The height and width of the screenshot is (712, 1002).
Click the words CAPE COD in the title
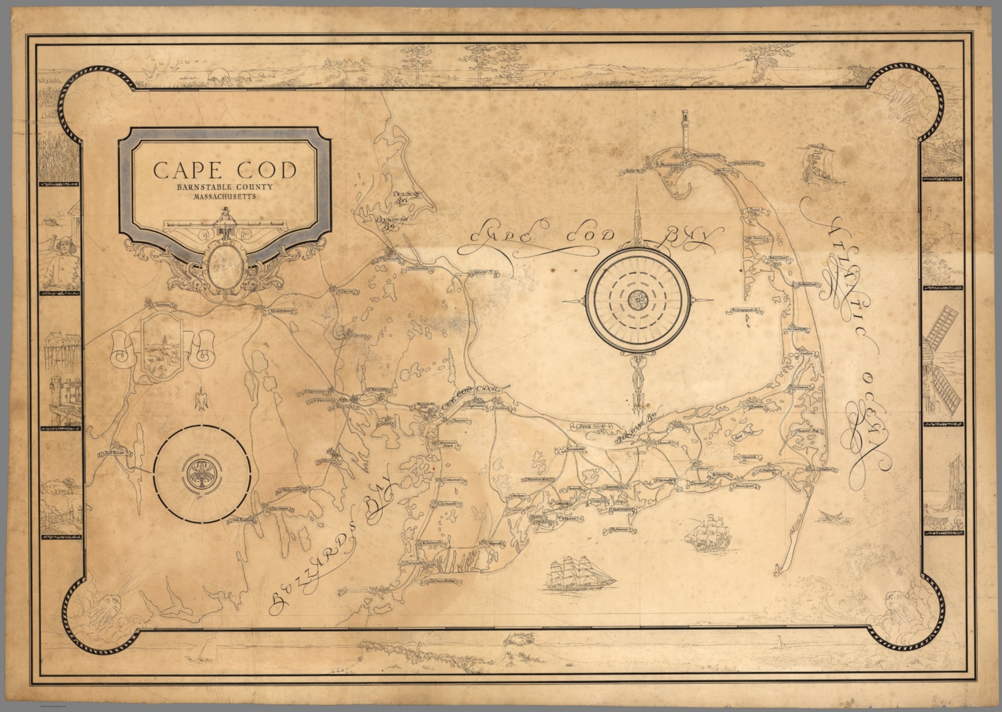tap(224, 171)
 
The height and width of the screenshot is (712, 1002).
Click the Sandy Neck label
tap(584, 426)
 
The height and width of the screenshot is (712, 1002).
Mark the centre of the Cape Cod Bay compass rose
tap(637, 299)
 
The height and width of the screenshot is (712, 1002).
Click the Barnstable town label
tap(567, 450)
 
